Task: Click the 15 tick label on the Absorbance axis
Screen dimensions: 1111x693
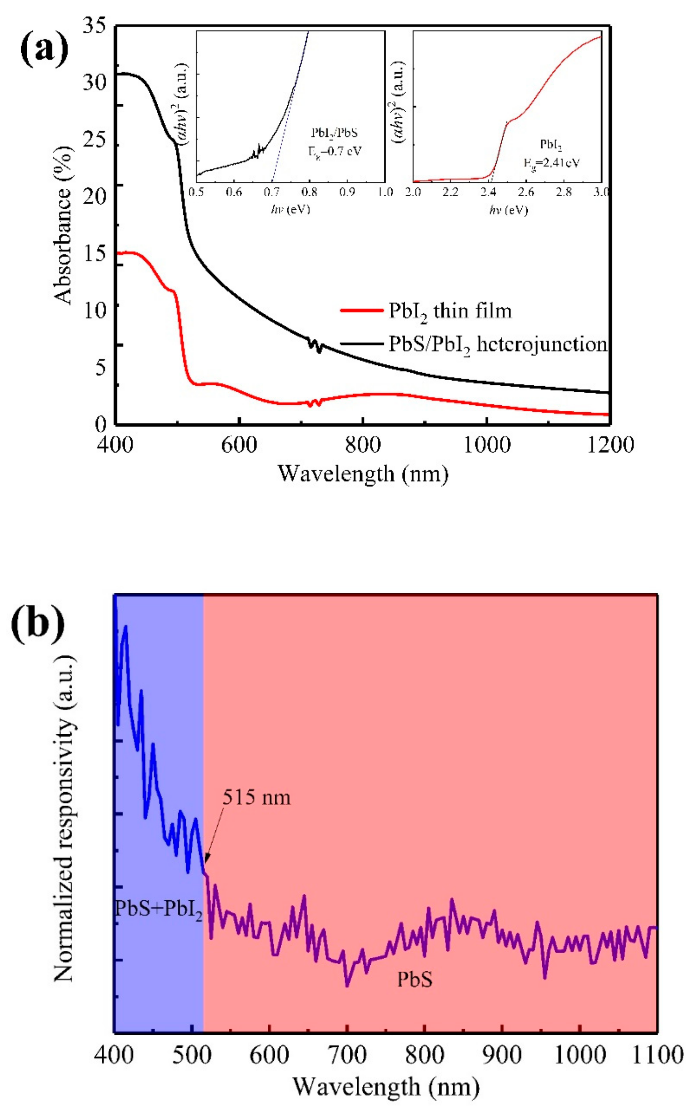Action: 95,253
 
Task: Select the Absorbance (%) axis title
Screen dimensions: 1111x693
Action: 64,225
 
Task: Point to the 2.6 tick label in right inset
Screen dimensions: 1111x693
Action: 526,192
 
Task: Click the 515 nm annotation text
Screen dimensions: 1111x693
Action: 256,797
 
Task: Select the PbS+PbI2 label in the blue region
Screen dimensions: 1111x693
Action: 158,908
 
